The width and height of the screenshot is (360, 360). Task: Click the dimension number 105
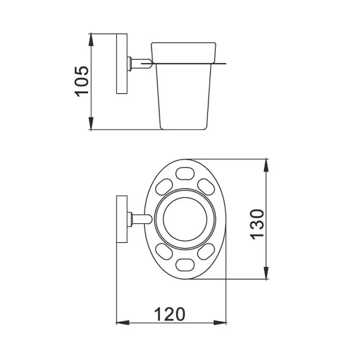coord(81,81)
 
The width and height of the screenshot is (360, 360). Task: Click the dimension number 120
coord(170,313)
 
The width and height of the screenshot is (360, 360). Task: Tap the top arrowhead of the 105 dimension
coord(91,39)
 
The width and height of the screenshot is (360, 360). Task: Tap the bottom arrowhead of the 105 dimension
coord(91,124)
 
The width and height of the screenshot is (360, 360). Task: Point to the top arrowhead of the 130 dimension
coord(267,166)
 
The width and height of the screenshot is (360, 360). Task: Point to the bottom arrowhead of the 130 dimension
coord(267,273)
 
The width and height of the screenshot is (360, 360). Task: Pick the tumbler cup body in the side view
coord(182,94)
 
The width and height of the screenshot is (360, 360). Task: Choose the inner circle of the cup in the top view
coord(184,219)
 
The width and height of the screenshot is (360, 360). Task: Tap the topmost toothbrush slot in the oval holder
coord(184,173)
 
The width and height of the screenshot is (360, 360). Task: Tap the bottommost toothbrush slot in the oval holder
coord(184,265)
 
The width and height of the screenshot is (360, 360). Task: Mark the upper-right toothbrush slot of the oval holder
coord(206,186)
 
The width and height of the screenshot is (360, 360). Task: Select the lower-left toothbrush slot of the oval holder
coord(163,252)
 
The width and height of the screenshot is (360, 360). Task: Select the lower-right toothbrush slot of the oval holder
coord(206,252)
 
